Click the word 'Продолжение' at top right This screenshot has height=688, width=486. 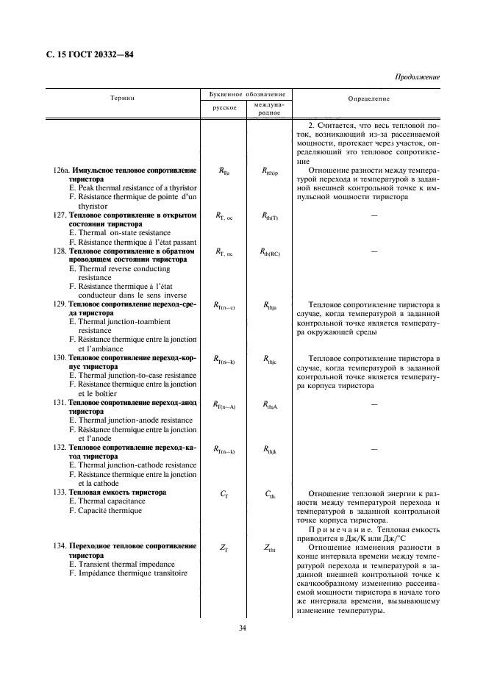coord(417,76)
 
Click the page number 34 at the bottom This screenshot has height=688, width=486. coord(243,627)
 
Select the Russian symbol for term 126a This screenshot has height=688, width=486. coord(224,171)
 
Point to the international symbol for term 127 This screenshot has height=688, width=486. coord(270,216)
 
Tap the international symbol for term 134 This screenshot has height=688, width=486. coord(270,548)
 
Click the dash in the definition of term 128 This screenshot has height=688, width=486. coord(374,251)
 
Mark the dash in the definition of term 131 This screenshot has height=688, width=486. coord(374,404)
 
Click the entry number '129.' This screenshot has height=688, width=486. coord(60,304)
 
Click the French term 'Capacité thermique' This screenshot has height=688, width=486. coord(102,510)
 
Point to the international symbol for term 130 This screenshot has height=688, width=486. coord(270,360)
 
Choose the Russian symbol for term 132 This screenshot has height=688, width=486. coord(224,450)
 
